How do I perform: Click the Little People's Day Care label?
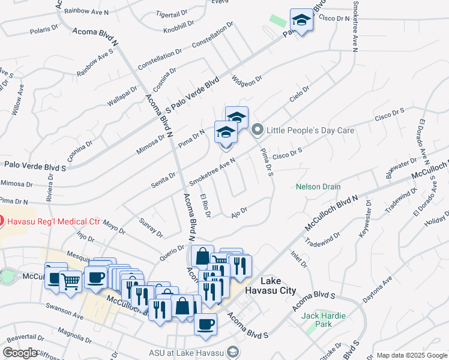point(310,130)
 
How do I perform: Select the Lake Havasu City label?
point(278,286)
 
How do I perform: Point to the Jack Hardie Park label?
point(317,320)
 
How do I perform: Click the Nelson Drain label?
point(318,187)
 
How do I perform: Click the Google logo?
point(21,353)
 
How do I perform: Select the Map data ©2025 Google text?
point(412,355)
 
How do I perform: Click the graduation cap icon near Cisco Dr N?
point(301,22)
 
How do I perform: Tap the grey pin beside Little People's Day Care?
point(258,130)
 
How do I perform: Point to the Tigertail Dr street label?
point(172,13)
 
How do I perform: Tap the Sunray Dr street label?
point(151,229)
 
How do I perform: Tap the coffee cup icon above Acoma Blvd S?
point(205,325)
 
